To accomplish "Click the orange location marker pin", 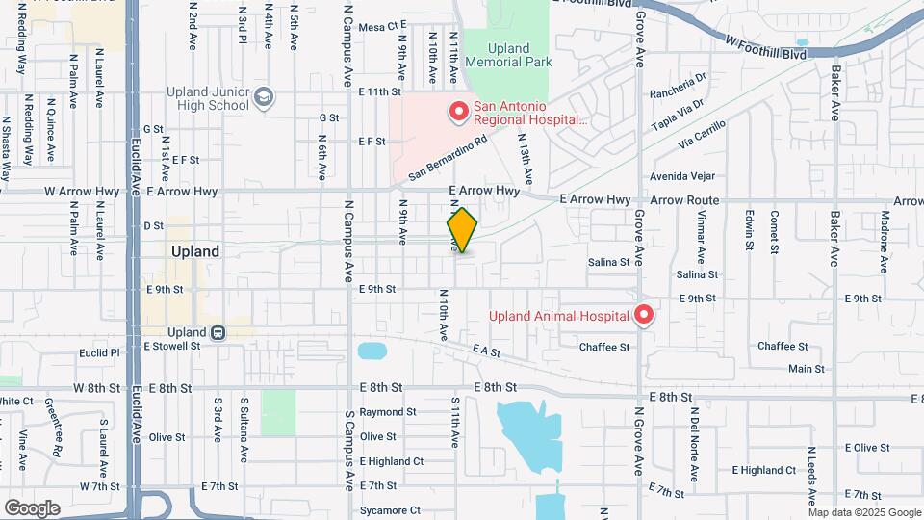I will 462,230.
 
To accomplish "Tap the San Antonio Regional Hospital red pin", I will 458,113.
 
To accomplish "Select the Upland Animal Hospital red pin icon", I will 643,315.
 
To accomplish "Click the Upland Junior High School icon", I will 264,98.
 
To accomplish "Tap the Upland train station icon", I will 219,332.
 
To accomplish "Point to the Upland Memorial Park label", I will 508,55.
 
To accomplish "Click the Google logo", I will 32,508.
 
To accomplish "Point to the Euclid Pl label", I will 101,353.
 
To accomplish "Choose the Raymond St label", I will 387,412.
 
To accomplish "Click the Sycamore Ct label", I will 389,510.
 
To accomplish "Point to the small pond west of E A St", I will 372,351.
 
